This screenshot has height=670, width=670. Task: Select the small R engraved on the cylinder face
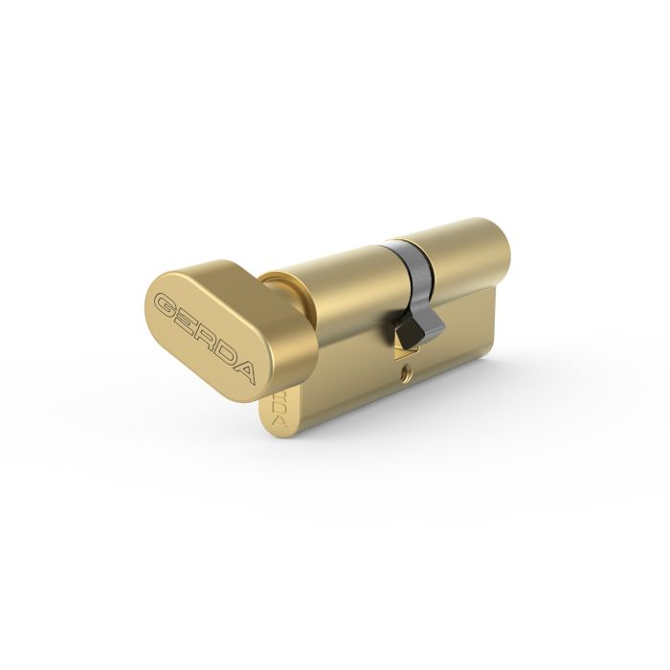coord(279,393)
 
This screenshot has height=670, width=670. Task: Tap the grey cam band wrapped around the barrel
coord(406,268)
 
